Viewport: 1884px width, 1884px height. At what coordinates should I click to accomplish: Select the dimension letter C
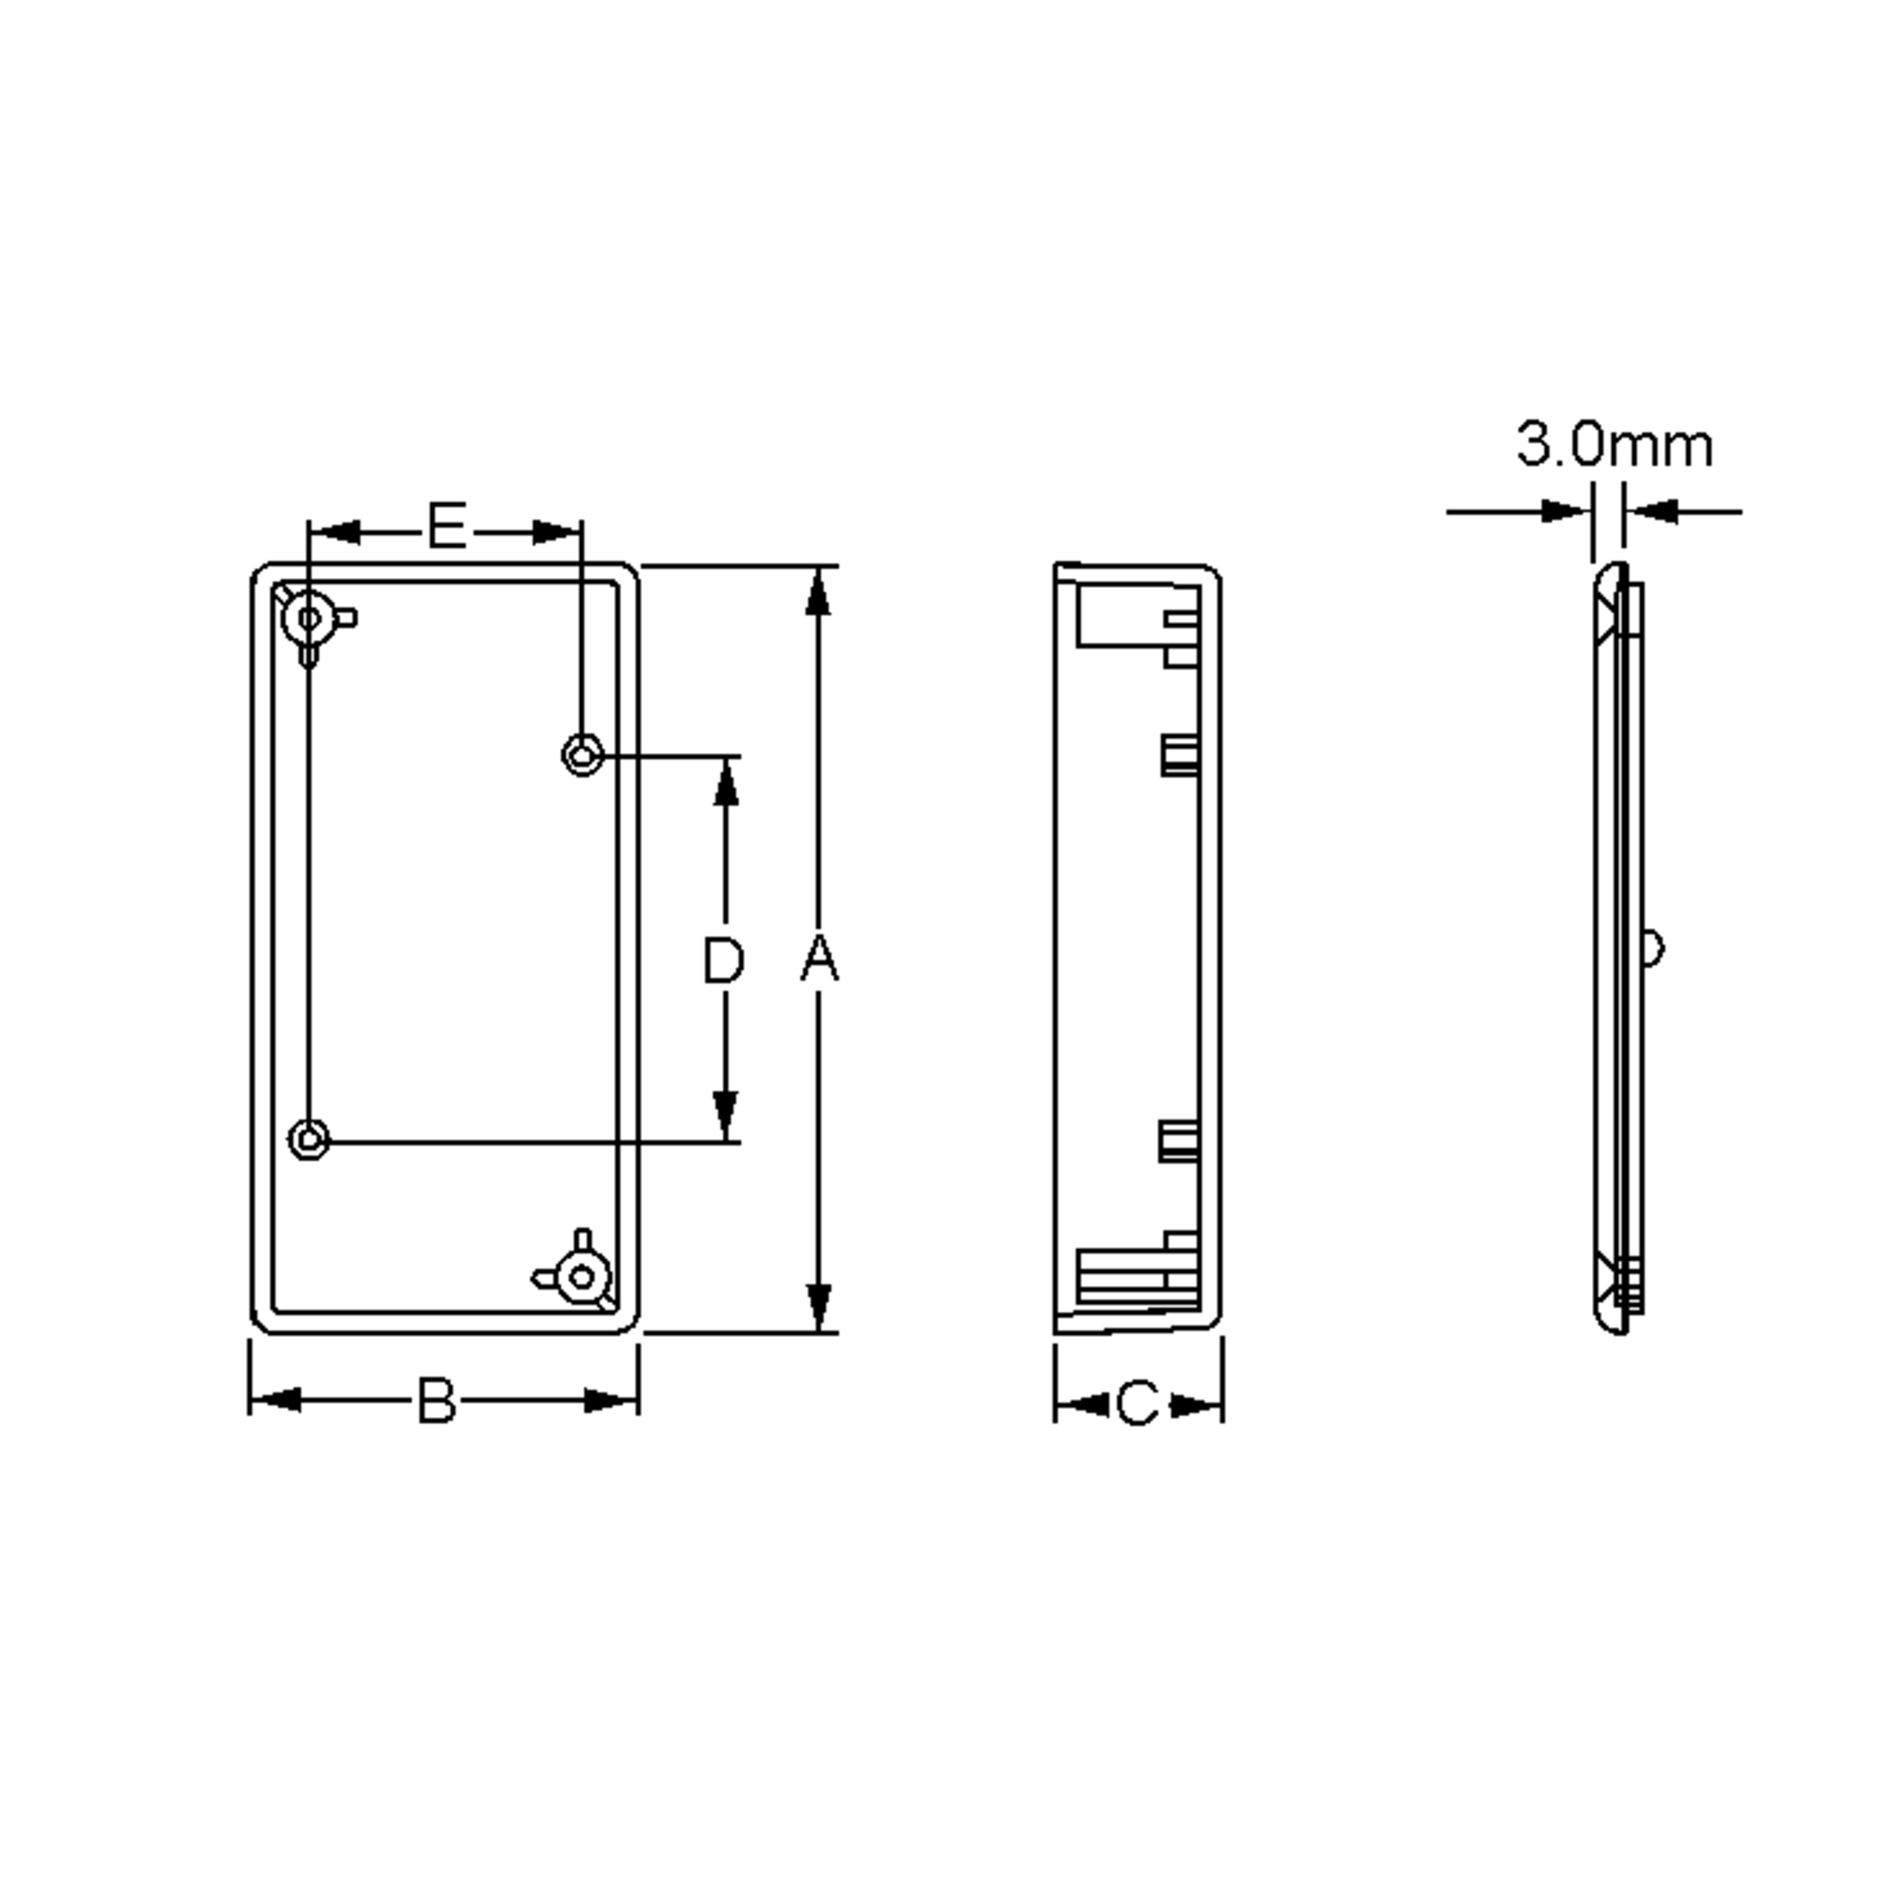(1137, 1405)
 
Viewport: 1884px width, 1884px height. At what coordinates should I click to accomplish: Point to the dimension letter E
(447, 527)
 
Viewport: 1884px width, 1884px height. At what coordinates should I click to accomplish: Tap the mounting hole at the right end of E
(582, 754)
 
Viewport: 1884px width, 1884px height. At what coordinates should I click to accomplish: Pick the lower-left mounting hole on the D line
(309, 1138)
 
